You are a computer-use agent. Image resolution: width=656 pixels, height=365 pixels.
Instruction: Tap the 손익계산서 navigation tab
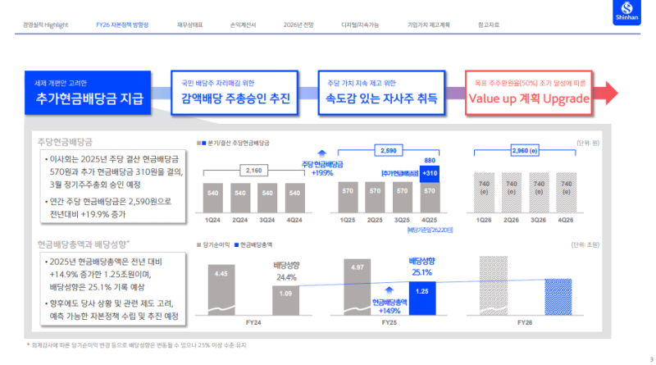pyautogui.click(x=244, y=25)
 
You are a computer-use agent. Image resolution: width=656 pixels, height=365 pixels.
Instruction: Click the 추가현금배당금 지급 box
pyautogui.click(x=89, y=92)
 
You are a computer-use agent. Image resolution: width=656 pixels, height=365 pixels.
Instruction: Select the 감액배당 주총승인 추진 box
pyautogui.click(x=235, y=92)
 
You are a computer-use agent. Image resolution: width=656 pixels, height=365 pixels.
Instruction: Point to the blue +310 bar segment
pyautogui.click(x=430, y=174)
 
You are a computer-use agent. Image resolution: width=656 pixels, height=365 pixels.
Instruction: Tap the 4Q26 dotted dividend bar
pyautogui.click(x=565, y=194)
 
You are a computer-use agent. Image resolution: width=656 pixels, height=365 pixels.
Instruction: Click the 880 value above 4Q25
pyautogui.click(x=430, y=161)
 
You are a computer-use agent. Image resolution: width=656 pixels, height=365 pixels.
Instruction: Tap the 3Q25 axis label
pyautogui.click(x=403, y=220)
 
